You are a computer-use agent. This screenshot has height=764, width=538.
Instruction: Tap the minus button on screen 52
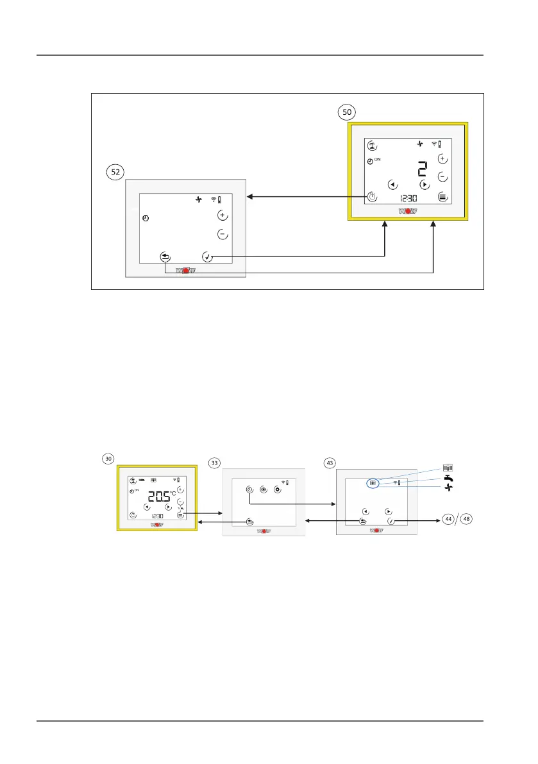click(x=222, y=234)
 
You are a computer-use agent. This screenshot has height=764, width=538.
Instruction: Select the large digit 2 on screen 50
click(x=421, y=169)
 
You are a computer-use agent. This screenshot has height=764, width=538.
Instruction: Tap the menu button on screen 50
click(x=442, y=197)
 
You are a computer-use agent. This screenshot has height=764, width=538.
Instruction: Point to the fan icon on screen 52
click(x=199, y=200)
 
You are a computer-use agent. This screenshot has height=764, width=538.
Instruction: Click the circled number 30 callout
click(x=109, y=458)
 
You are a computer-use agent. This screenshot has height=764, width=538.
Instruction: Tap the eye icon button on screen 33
click(x=264, y=489)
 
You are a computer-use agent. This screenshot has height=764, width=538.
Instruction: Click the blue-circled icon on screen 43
click(x=373, y=482)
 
